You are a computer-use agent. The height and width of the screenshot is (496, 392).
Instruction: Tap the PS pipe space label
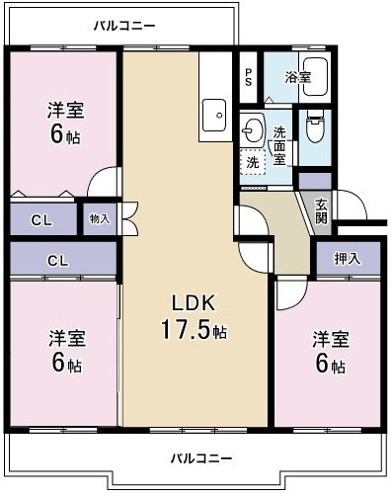click(x=249, y=76)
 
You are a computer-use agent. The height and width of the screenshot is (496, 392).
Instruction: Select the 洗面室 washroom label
click(x=279, y=145)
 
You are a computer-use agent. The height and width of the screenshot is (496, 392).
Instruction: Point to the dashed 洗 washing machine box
click(x=253, y=162)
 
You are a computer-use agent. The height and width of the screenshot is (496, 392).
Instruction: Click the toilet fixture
click(x=316, y=130)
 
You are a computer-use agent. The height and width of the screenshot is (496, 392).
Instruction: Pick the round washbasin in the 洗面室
click(x=253, y=128)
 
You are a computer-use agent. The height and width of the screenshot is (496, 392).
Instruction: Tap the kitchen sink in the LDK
click(x=213, y=116)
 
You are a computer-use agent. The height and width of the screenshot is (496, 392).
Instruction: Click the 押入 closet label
click(x=347, y=260)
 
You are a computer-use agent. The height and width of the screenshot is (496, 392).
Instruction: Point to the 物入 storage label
click(x=100, y=217)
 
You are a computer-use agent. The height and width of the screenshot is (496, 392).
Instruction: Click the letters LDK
click(x=195, y=303)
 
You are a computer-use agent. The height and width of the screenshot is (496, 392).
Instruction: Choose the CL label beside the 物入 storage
click(x=42, y=218)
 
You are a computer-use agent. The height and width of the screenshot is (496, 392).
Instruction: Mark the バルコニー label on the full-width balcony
click(x=200, y=459)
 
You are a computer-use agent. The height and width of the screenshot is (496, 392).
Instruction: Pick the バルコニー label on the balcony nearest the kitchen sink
click(x=123, y=25)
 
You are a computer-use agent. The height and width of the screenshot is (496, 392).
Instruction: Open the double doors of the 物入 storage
click(x=127, y=218)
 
